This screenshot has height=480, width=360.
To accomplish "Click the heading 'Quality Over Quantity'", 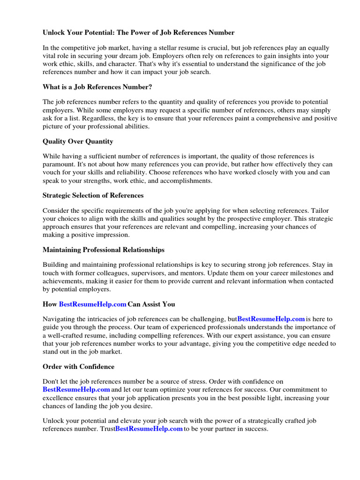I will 78,141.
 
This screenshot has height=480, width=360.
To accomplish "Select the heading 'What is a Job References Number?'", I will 97,87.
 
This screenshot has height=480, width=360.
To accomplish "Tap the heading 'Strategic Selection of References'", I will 93,195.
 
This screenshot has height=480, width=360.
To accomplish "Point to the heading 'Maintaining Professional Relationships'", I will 104,249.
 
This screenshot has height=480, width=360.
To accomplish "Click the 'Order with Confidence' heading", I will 78,367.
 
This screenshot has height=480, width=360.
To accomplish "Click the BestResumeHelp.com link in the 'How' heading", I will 93,304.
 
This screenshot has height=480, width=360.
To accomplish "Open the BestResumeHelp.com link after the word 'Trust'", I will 149,429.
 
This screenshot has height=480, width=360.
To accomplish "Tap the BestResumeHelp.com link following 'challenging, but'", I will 271,319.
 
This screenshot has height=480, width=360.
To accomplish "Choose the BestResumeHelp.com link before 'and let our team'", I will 76,390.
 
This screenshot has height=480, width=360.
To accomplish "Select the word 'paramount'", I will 59,164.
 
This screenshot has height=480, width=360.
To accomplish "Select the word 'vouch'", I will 51,172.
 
